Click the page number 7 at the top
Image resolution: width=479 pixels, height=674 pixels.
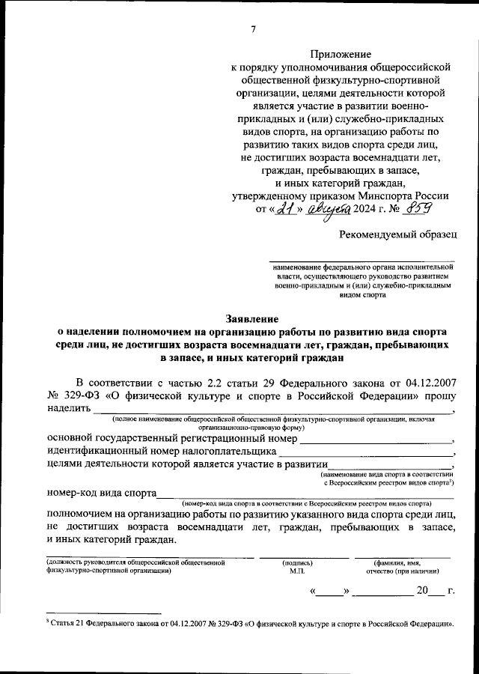click(x=253, y=29)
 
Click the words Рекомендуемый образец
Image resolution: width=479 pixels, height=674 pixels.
click(x=397, y=235)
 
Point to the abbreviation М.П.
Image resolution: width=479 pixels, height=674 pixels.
click(x=296, y=571)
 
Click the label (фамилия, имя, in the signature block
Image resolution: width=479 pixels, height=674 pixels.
click(x=397, y=562)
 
